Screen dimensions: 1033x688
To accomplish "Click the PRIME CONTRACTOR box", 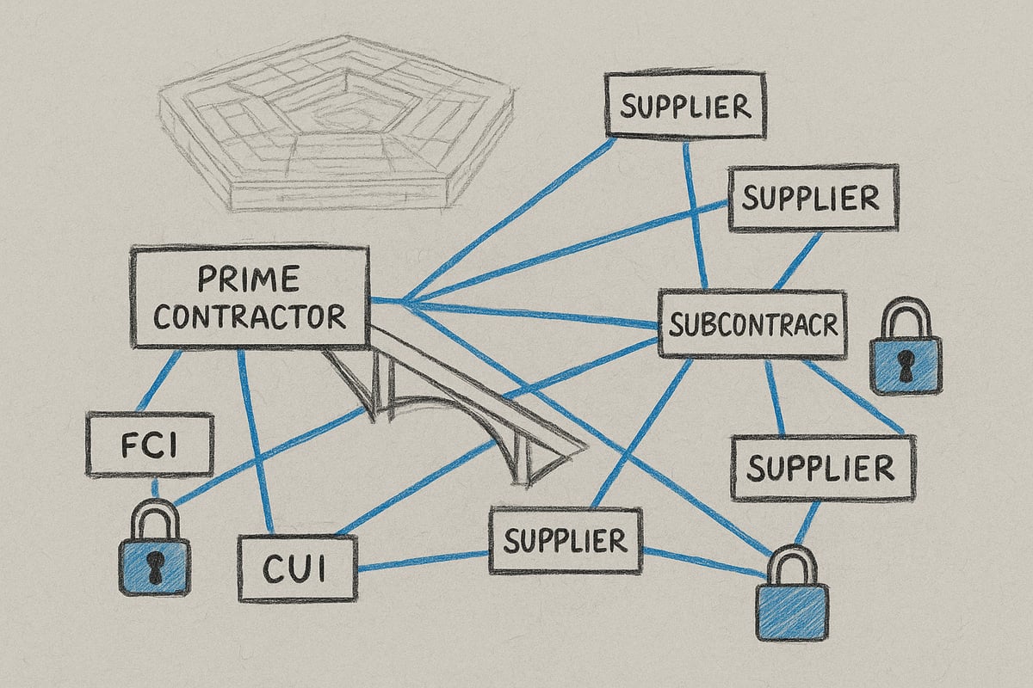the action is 250,298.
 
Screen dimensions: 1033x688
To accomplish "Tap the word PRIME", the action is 249,279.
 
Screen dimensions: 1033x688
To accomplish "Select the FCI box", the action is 150,445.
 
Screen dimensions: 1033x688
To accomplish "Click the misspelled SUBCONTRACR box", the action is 752,323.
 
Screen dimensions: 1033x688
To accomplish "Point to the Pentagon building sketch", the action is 337,124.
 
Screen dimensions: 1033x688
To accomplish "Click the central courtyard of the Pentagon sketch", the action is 343,118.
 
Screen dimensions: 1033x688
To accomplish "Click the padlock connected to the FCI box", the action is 154,548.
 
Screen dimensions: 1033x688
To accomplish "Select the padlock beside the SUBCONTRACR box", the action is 906,346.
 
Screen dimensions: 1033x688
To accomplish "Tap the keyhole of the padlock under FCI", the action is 154,566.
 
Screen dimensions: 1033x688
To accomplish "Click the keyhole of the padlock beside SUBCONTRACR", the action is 906,364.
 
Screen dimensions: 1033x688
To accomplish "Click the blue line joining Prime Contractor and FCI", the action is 159,381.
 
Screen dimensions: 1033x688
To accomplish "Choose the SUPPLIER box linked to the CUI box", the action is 566,541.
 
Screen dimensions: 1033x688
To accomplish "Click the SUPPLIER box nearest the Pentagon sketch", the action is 685,105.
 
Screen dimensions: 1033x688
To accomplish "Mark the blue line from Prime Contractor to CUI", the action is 256,441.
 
